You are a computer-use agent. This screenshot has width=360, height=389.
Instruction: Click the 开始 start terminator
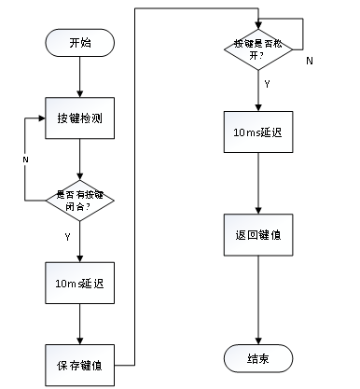80,43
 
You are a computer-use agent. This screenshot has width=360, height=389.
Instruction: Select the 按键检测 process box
80,119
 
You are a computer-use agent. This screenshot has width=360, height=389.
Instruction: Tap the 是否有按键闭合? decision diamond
80,198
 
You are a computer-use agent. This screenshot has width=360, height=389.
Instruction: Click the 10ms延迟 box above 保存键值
80,283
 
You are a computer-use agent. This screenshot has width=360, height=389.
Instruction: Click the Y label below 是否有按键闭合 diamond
67,237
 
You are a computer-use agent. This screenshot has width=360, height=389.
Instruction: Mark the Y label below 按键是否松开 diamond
269,83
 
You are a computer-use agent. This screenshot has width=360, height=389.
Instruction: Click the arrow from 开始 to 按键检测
80,76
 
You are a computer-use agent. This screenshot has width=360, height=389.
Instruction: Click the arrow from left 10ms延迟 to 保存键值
80,323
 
